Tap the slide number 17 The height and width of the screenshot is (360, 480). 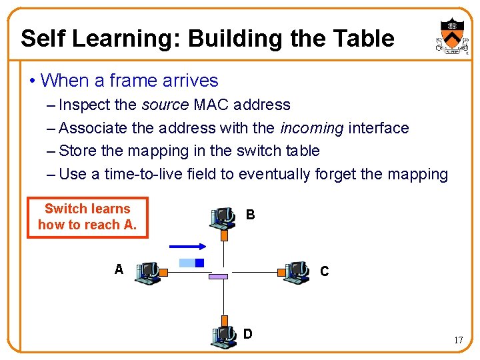click(458, 341)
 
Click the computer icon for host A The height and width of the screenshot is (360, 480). click(147, 272)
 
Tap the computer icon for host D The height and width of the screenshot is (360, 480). click(223, 337)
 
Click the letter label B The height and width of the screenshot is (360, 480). click(250, 215)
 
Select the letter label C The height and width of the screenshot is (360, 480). click(324, 271)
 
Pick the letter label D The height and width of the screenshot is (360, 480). click(248, 333)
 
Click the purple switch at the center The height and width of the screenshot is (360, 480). click(219, 275)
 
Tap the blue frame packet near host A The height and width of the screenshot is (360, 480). click(191, 263)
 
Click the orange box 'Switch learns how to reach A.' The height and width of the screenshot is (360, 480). click(87, 217)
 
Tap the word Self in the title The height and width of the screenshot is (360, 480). click(43, 39)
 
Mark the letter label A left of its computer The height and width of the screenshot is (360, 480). click(119, 269)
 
